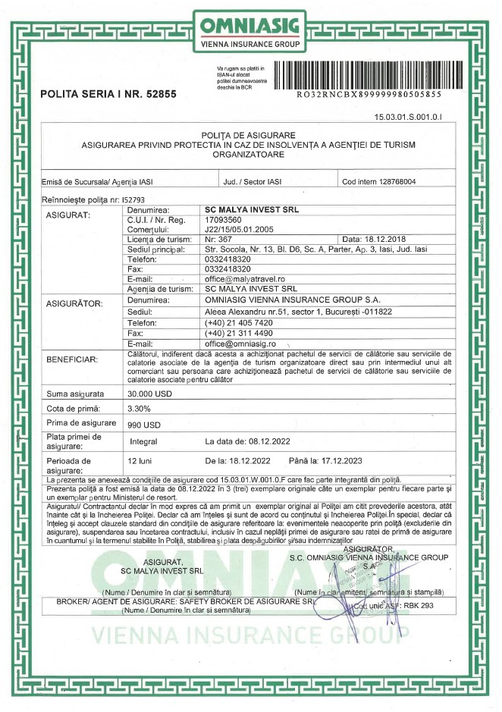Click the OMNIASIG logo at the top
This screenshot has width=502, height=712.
251,30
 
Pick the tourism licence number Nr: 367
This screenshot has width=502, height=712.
220,239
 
